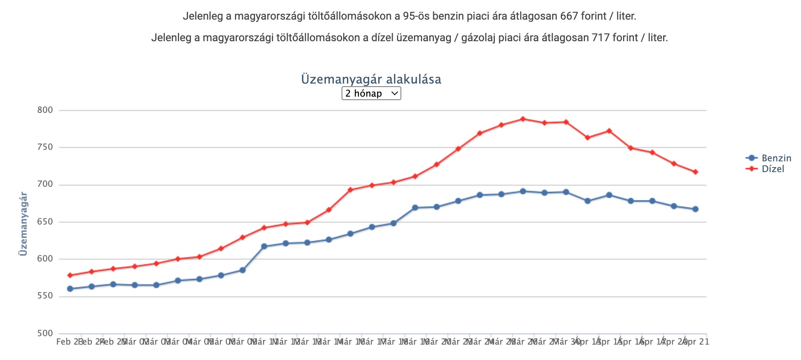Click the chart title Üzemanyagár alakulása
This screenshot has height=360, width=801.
click(371, 79)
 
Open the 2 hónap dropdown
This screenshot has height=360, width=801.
click(371, 93)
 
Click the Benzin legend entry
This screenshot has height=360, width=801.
click(776, 158)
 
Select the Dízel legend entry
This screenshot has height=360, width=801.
click(773, 169)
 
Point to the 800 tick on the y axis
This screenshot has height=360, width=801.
click(45, 110)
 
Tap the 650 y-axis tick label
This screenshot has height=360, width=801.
click(45, 222)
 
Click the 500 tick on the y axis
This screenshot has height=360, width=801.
click(45, 333)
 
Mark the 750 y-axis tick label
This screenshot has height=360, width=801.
click(45, 147)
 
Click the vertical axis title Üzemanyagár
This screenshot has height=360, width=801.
click(23, 224)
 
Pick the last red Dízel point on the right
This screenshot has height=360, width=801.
click(695, 172)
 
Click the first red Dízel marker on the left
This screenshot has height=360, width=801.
click(70, 275)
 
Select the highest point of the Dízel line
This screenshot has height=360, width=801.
click(523, 119)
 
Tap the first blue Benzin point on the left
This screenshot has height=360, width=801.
click(70, 289)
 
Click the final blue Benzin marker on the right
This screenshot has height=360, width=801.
click(695, 209)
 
